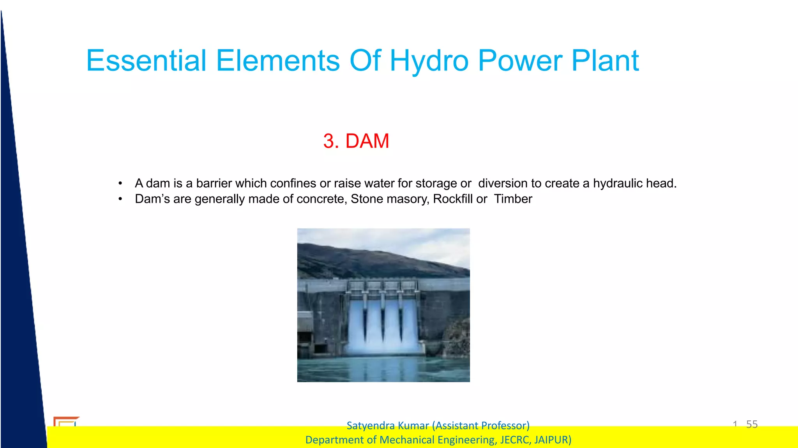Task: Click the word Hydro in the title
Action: tap(429, 61)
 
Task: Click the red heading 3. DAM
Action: tap(356, 141)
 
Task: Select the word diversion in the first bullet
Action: tap(503, 183)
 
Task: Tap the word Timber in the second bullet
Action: tap(513, 199)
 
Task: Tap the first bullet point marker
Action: tap(120, 183)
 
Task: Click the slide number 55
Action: tap(752, 424)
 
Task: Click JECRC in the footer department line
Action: tap(515, 440)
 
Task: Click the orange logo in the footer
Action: tap(65, 421)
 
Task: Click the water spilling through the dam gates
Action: tap(384, 327)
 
